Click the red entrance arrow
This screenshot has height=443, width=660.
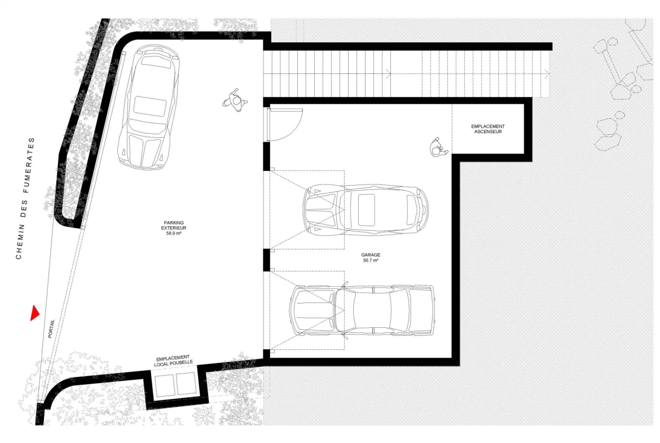click(x=34, y=313)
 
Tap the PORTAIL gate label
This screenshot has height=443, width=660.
click(x=51, y=328)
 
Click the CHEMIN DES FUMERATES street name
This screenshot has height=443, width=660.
click(x=25, y=198)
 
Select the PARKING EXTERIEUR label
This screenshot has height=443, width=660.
click(x=173, y=225)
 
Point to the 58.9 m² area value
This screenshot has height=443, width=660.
click(x=173, y=233)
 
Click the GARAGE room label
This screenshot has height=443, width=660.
click(x=371, y=255)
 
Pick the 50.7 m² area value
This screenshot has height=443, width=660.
click(x=371, y=260)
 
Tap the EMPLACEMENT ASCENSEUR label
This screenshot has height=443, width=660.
click(x=488, y=129)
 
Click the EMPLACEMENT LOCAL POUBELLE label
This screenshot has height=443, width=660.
click(x=173, y=360)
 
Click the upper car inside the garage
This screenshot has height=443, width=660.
click(x=366, y=209)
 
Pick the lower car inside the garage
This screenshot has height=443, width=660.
click(x=362, y=310)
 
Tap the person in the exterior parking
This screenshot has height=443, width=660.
click(x=235, y=100)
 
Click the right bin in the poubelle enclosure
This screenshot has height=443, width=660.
click(x=187, y=384)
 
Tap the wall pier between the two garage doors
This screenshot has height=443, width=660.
click(x=266, y=260)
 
